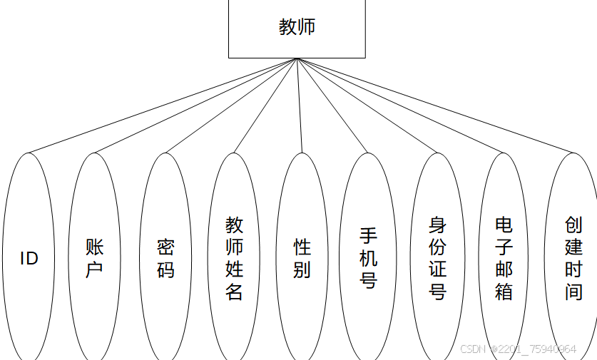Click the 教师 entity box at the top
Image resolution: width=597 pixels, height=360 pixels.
click(x=297, y=29)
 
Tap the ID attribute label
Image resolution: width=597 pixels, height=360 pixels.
click(x=29, y=258)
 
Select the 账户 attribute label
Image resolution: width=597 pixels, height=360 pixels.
click(x=94, y=258)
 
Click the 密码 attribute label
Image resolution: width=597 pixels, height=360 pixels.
click(x=165, y=258)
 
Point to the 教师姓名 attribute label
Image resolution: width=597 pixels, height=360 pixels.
click(x=235, y=258)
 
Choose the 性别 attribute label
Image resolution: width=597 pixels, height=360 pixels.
click(x=302, y=258)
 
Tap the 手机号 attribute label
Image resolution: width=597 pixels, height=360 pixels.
click(x=368, y=258)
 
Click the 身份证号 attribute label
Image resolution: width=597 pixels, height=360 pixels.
click(x=437, y=258)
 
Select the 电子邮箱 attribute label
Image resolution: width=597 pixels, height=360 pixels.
click(x=504, y=258)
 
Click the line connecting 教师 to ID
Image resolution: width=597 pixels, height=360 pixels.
click(x=162, y=106)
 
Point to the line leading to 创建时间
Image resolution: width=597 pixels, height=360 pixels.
click(x=435, y=106)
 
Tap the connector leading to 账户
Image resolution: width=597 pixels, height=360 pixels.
click(x=195, y=106)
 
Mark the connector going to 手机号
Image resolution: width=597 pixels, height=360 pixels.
click(x=332, y=106)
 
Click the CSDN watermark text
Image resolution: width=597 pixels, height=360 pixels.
click(x=518, y=349)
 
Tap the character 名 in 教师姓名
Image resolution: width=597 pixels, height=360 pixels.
click(x=235, y=291)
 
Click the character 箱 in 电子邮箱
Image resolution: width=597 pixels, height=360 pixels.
click(x=504, y=291)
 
